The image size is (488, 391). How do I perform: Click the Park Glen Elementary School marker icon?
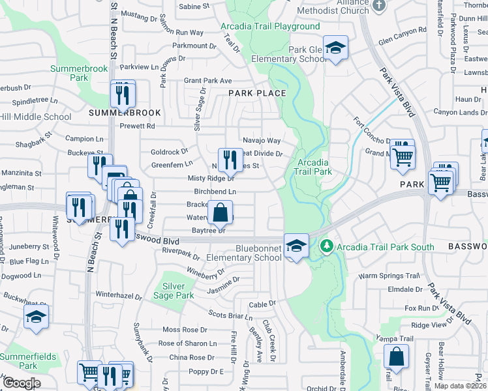click(335, 48)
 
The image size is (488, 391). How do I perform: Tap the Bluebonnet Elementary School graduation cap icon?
click(296, 246)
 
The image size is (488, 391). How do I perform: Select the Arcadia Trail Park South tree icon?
click(327, 246)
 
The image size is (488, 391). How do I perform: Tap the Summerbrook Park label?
click(70, 73)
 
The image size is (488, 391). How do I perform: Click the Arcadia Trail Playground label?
click(270, 27)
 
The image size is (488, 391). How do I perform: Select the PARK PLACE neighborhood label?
click(257, 93)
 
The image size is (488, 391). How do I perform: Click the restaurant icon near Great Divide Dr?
click(230, 158)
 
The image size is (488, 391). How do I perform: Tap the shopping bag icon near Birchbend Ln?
click(221, 212)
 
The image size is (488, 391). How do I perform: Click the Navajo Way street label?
click(262, 140)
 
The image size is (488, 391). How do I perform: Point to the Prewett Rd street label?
click(141, 126)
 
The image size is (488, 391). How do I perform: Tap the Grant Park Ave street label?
click(207, 81)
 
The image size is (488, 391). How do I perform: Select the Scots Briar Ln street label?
click(230, 316)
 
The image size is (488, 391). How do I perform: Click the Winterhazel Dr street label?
click(124, 295)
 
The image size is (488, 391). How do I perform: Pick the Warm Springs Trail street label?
click(388, 276)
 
